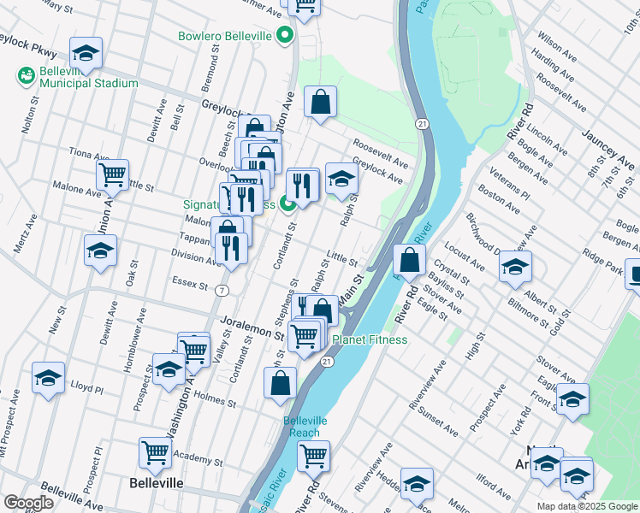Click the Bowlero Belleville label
[x=224, y=36]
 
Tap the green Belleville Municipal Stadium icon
[x=26, y=76]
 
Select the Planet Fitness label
[x=370, y=339]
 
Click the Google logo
[x=28, y=503]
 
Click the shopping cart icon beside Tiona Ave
[x=112, y=175]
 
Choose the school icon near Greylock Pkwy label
[x=86, y=53]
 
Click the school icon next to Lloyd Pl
[x=49, y=377]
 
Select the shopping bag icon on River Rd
[x=410, y=261]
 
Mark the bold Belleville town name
[x=156, y=483]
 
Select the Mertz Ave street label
[x=25, y=234]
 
